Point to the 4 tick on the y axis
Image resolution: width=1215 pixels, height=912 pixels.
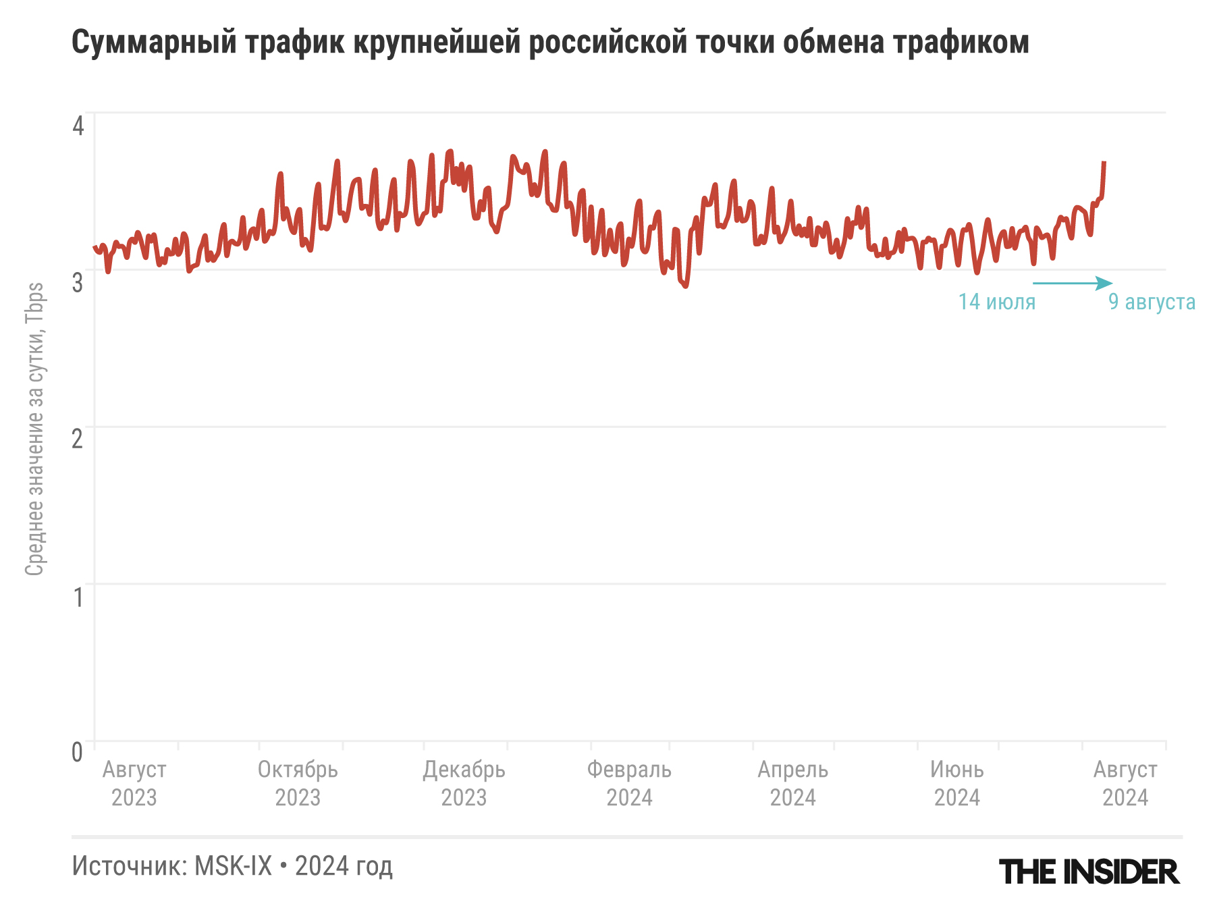[x=78, y=126]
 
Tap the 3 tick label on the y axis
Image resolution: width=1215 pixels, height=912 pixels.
[x=78, y=282]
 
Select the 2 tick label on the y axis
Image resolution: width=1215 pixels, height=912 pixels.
[x=78, y=439]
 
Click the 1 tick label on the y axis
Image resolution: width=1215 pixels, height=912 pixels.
[x=78, y=597]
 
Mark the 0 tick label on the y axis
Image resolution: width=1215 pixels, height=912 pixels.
[x=78, y=752]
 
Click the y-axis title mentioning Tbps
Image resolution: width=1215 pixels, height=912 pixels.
[x=34, y=429]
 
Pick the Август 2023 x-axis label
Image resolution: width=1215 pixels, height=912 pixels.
[x=134, y=783]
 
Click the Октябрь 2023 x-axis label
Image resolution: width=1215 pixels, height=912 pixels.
[x=298, y=783]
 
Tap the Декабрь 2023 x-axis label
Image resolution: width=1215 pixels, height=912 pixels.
[x=464, y=783]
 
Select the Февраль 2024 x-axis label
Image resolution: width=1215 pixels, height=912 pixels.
[x=629, y=783]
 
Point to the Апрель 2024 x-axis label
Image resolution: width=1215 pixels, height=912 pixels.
[x=792, y=783]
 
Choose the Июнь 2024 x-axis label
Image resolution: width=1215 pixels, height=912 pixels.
[x=956, y=783]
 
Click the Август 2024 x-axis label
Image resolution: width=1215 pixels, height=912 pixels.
[x=1125, y=783]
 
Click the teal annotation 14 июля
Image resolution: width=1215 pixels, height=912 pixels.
[x=996, y=302]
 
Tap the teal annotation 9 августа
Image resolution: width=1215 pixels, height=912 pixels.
[x=1152, y=302]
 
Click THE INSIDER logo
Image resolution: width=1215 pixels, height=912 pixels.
[x=1089, y=872]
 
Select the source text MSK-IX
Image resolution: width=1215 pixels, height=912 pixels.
[x=233, y=866]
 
